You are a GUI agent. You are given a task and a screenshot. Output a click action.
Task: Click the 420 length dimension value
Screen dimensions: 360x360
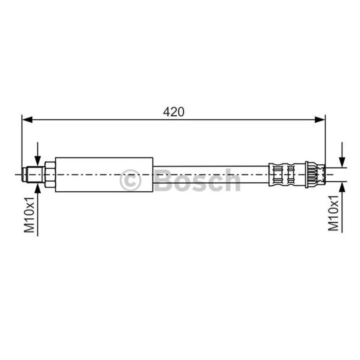click(x=174, y=112)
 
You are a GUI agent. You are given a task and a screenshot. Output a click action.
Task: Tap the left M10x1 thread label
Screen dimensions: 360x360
click(x=29, y=215)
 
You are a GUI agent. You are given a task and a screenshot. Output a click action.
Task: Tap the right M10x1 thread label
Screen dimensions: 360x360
click(x=333, y=213)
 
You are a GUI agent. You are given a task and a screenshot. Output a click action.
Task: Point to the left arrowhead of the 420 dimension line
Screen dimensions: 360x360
click(x=27, y=120)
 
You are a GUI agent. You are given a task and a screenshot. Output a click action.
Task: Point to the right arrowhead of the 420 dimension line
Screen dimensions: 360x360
click(x=320, y=120)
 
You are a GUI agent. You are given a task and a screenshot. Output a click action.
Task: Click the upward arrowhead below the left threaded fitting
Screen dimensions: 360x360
click(x=38, y=189)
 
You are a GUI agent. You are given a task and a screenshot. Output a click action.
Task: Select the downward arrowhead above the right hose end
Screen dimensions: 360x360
click(x=342, y=162)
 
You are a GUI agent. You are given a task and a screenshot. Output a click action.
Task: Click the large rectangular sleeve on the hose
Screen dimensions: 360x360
click(x=104, y=175)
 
